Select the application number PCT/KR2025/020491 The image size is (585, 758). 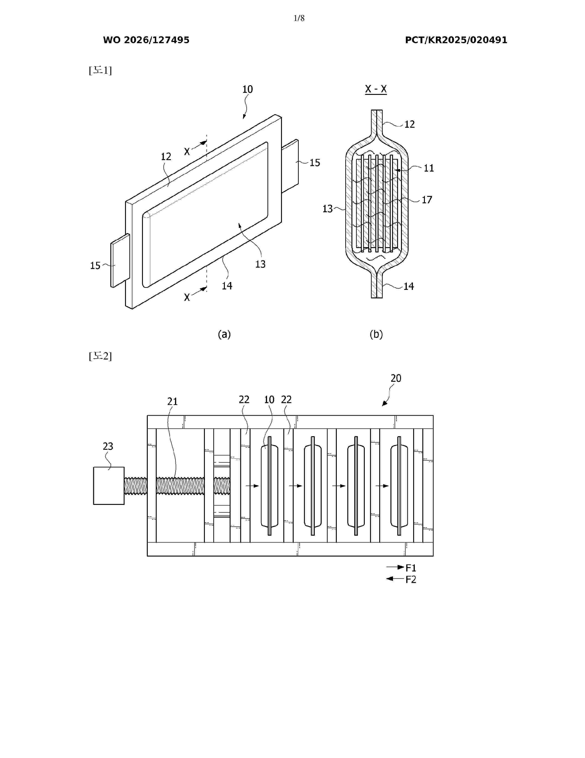pyautogui.click(x=456, y=40)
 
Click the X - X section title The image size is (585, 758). pyautogui.click(x=376, y=89)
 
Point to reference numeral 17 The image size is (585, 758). pyautogui.click(x=427, y=200)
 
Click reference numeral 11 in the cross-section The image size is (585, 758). pyautogui.click(x=429, y=168)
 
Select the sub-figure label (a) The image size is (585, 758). pyautogui.click(x=224, y=334)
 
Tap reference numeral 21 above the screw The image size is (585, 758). pyautogui.click(x=172, y=402)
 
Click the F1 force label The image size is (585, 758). pyautogui.click(x=411, y=568)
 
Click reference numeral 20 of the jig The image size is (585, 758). pyautogui.click(x=396, y=378)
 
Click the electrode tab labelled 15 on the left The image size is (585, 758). pyautogui.click(x=120, y=260)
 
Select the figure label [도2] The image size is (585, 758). pyautogui.click(x=100, y=356)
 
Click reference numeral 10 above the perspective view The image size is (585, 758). pyautogui.click(x=248, y=90)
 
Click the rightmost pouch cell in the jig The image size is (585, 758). pyautogui.click(x=399, y=486)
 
